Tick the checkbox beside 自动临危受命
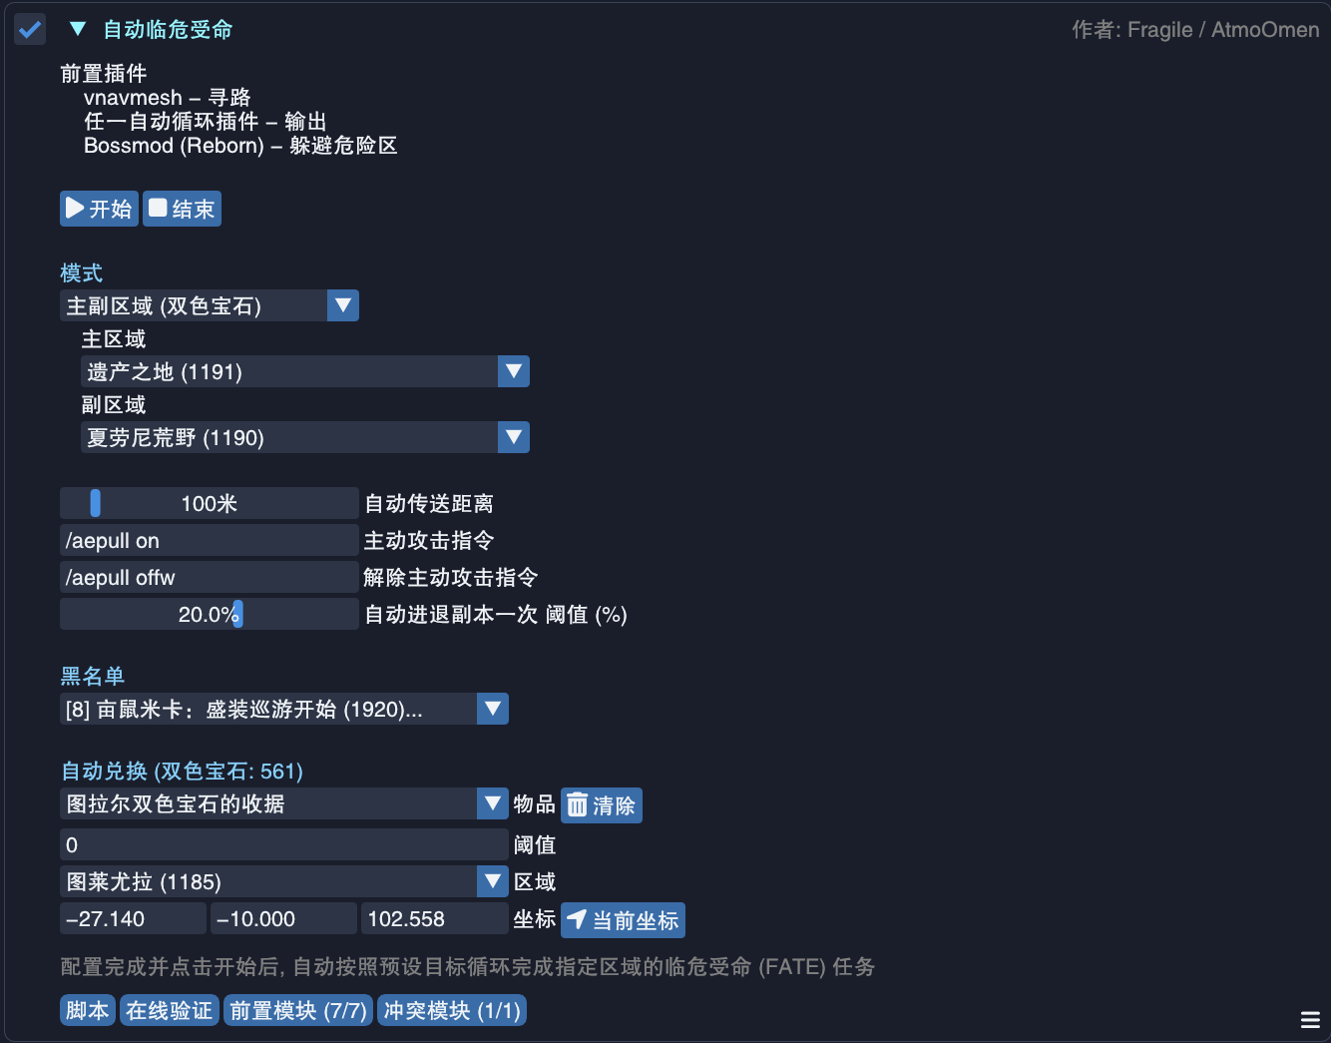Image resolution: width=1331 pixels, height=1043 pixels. [29, 29]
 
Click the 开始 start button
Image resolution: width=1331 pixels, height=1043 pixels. [99, 209]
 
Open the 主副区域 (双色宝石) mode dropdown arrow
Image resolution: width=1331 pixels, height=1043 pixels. [343, 305]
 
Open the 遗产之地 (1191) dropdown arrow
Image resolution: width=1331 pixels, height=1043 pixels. [513, 371]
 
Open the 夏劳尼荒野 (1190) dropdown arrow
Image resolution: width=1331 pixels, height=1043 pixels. [513, 437]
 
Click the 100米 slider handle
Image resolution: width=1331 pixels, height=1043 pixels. [96, 503]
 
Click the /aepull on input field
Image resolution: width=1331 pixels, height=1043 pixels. [209, 540]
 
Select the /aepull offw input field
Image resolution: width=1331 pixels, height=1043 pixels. [209, 577]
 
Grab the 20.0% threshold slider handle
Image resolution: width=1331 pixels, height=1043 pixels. [238, 614]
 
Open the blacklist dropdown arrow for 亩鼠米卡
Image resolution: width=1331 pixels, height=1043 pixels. [493, 709]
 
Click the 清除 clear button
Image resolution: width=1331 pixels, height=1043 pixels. [602, 804]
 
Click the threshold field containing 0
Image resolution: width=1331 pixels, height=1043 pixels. [284, 844]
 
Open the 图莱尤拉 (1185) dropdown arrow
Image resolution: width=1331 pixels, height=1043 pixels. [493, 881]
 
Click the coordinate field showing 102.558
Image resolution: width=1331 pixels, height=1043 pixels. [435, 918]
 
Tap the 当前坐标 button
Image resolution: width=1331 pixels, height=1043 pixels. [623, 920]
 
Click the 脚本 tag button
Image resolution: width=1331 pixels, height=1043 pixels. [88, 1010]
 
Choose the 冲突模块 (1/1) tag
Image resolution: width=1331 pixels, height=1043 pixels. [452, 1010]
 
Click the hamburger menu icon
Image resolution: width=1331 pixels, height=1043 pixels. [1310, 1020]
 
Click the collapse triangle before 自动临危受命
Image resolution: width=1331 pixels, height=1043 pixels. [78, 28]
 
